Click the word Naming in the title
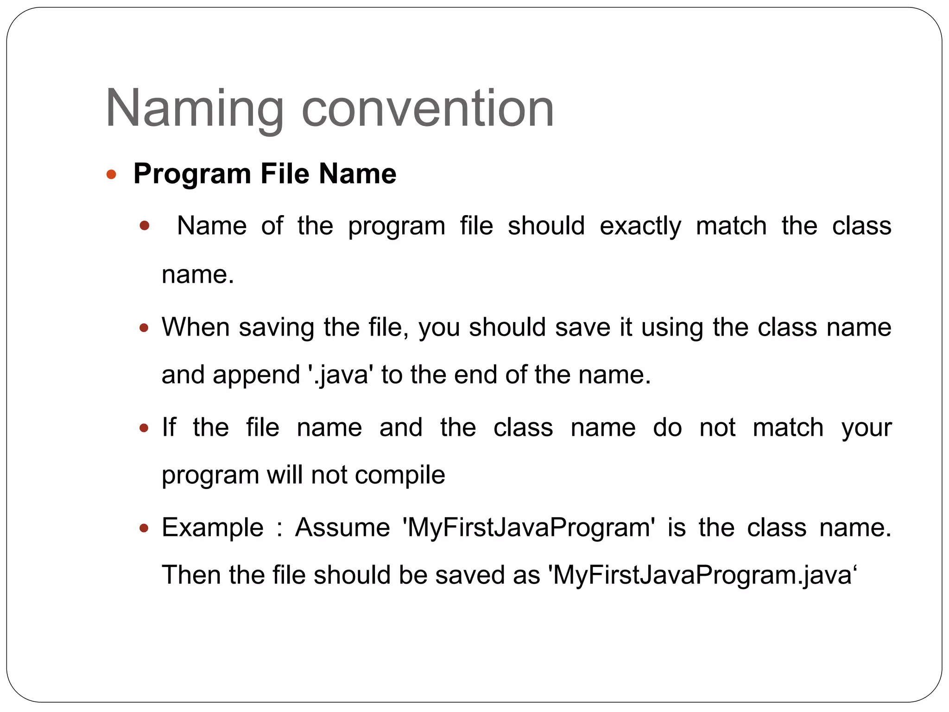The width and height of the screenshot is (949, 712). pyautogui.click(x=195, y=109)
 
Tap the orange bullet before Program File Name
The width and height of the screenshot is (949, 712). pyautogui.click(x=111, y=175)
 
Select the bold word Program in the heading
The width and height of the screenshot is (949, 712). pyautogui.click(x=192, y=175)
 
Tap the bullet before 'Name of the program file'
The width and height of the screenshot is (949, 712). pyautogui.click(x=145, y=226)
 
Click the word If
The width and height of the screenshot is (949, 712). pyautogui.click(x=169, y=427)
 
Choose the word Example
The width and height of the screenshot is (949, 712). pyautogui.click(x=213, y=528)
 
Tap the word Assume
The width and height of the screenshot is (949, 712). pyautogui.click(x=342, y=528)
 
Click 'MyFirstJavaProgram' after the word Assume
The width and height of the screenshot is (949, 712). pyautogui.click(x=529, y=528)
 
